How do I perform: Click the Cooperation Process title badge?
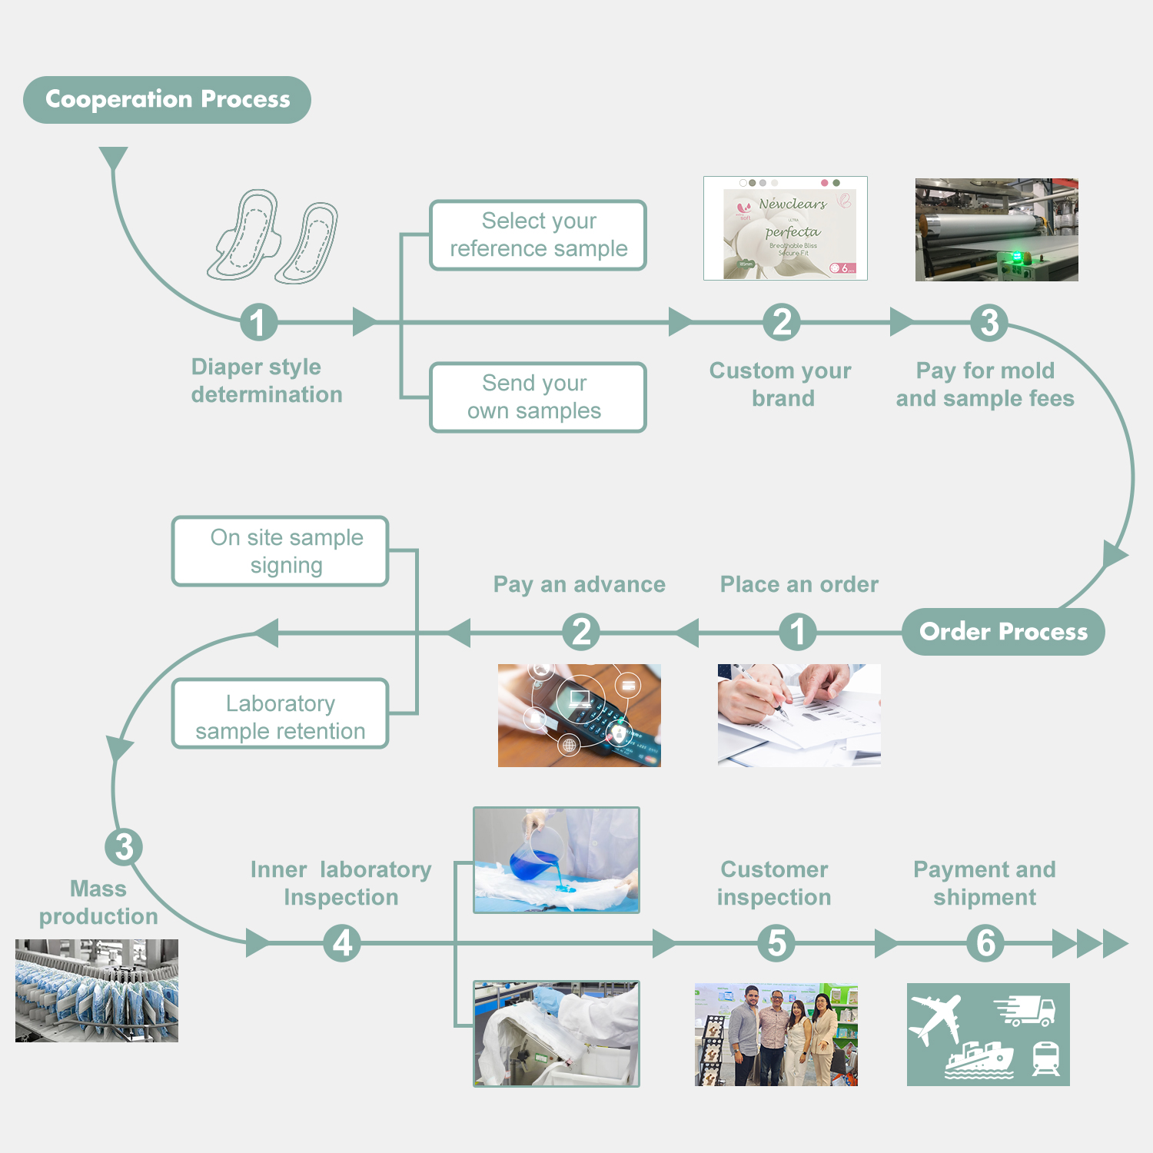pos(167,100)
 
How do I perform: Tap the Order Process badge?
pos(1003,632)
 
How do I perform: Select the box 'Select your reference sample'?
pos(538,235)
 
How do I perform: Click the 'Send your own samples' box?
pos(538,397)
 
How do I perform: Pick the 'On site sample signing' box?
pos(281,551)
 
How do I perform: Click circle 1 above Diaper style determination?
pos(258,322)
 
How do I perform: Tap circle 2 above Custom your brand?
pos(782,322)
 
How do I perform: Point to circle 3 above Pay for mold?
pos(990,322)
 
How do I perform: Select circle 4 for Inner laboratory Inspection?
pos(343,943)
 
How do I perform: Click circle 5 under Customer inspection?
pos(777,943)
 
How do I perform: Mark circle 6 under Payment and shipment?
pos(985,943)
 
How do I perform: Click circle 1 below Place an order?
pos(798,632)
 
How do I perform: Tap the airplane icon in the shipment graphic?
pos(935,1019)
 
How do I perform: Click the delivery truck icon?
pos(1025,1010)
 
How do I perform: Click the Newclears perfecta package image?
pos(786,228)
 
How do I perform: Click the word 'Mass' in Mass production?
pos(98,889)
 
